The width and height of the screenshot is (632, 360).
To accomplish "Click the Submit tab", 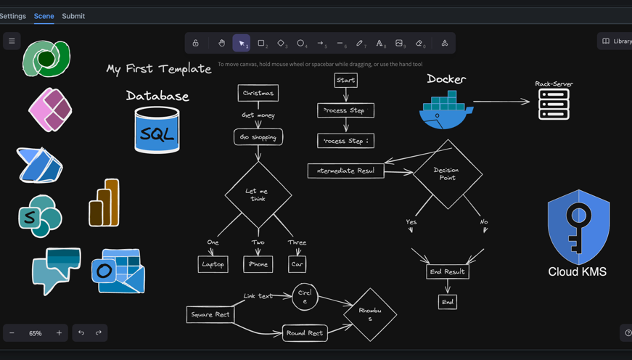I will (x=73, y=16).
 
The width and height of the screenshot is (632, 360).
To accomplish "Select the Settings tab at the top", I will (x=12, y=16).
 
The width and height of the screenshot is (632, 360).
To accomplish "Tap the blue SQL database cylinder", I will (x=157, y=131).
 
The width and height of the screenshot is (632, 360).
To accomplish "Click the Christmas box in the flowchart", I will (x=258, y=93).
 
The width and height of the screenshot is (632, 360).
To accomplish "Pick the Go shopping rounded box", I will (x=258, y=136).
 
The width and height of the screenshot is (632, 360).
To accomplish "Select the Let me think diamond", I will (x=258, y=195).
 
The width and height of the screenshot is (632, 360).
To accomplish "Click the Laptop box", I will (x=213, y=264).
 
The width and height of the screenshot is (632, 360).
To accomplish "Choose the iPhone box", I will (x=258, y=264).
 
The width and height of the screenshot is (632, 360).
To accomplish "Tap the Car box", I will (x=297, y=264).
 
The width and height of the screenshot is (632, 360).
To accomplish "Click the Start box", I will (x=345, y=80).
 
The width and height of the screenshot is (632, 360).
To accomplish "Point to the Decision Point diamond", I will (x=447, y=174).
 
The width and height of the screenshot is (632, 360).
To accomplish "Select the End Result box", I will (x=447, y=271).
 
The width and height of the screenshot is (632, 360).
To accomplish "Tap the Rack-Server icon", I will (x=554, y=105).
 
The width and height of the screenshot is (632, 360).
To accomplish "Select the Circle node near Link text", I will (x=305, y=296).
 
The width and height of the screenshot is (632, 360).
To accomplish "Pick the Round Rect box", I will (x=305, y=333).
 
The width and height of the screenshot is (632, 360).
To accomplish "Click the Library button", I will (x=616, y=41).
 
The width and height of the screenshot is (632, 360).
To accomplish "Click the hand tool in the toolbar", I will (x=222, y=44).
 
